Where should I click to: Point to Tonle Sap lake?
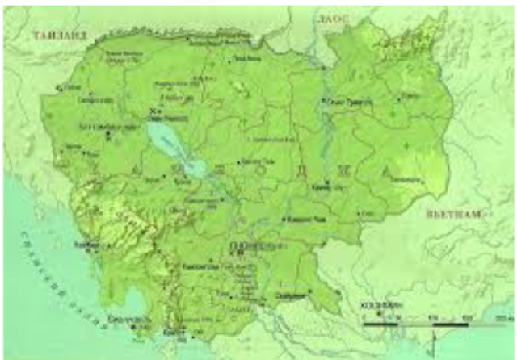(174, 145)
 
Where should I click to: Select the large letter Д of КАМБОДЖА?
(301, 170)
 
